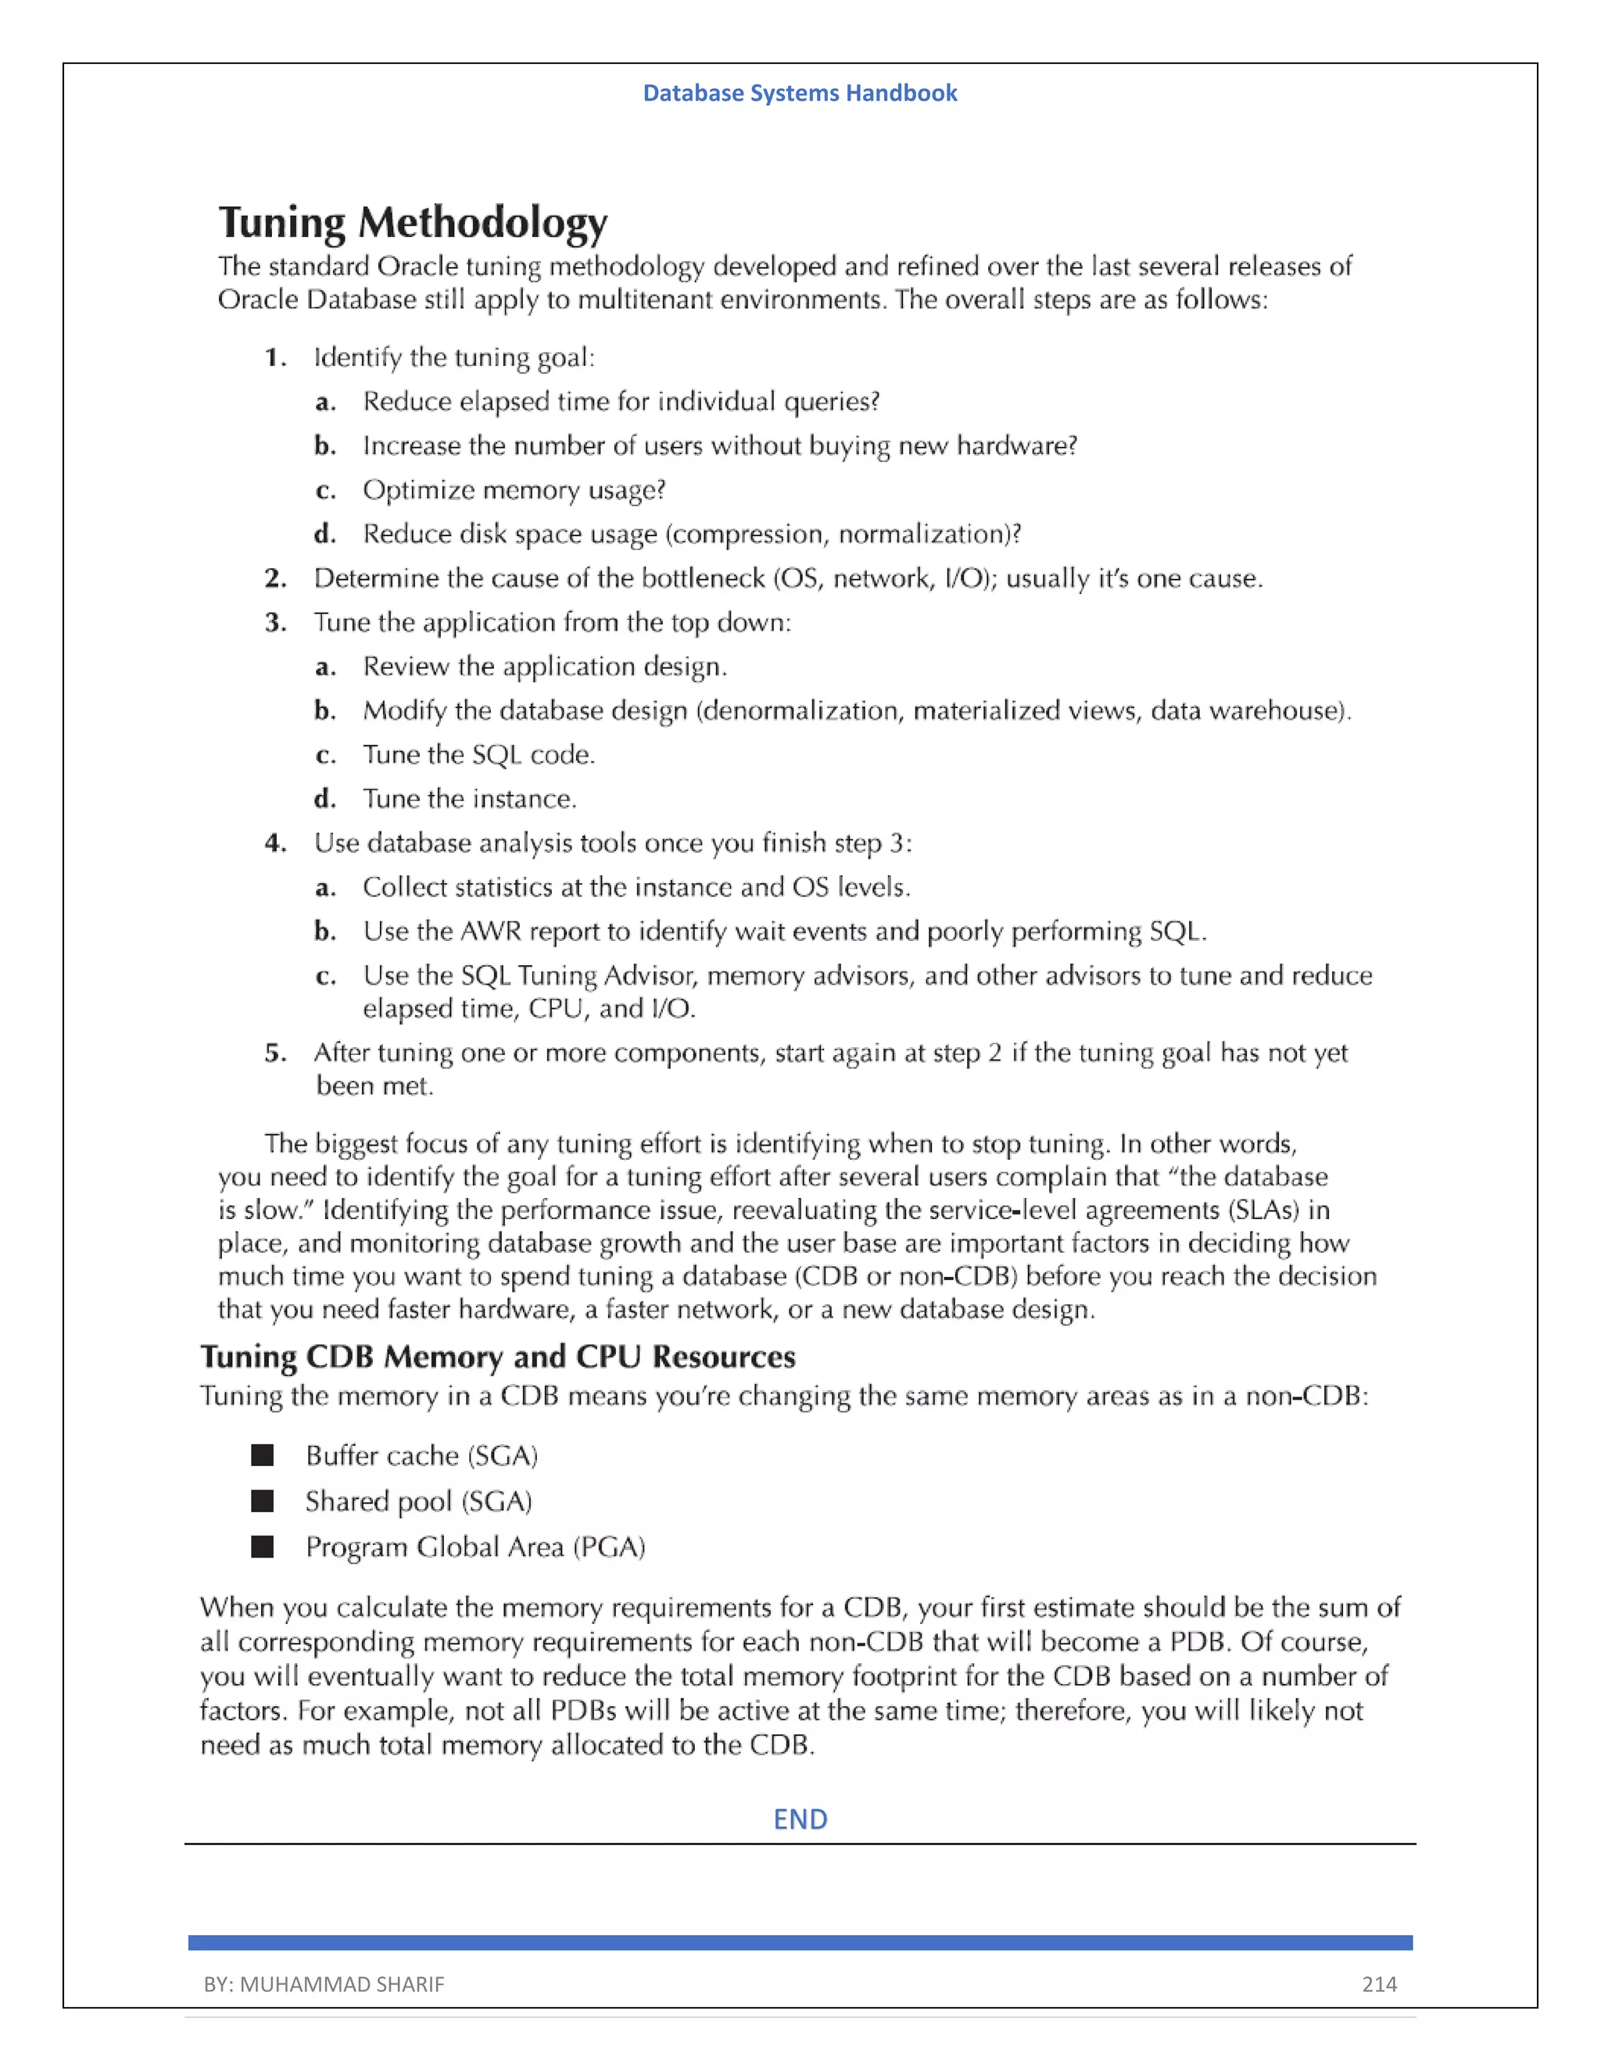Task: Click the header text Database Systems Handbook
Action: point(800,93)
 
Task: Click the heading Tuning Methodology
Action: point(413,223)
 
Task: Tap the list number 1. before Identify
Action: point(275,357)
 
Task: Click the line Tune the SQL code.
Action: point(479,755)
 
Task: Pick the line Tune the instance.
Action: point(470,799)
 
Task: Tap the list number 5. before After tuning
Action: point(275,1053)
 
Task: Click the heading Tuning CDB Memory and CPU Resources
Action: point(498,1356)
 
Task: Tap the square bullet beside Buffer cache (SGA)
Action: point(263,1454)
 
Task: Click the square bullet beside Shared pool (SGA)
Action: point(263,1500)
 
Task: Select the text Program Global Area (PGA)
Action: point(475,1547)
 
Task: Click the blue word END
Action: point(800,1819)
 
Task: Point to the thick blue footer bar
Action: point(800,1942)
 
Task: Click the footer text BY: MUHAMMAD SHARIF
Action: point(324,1983)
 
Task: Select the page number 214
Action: point(1379,1983)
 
